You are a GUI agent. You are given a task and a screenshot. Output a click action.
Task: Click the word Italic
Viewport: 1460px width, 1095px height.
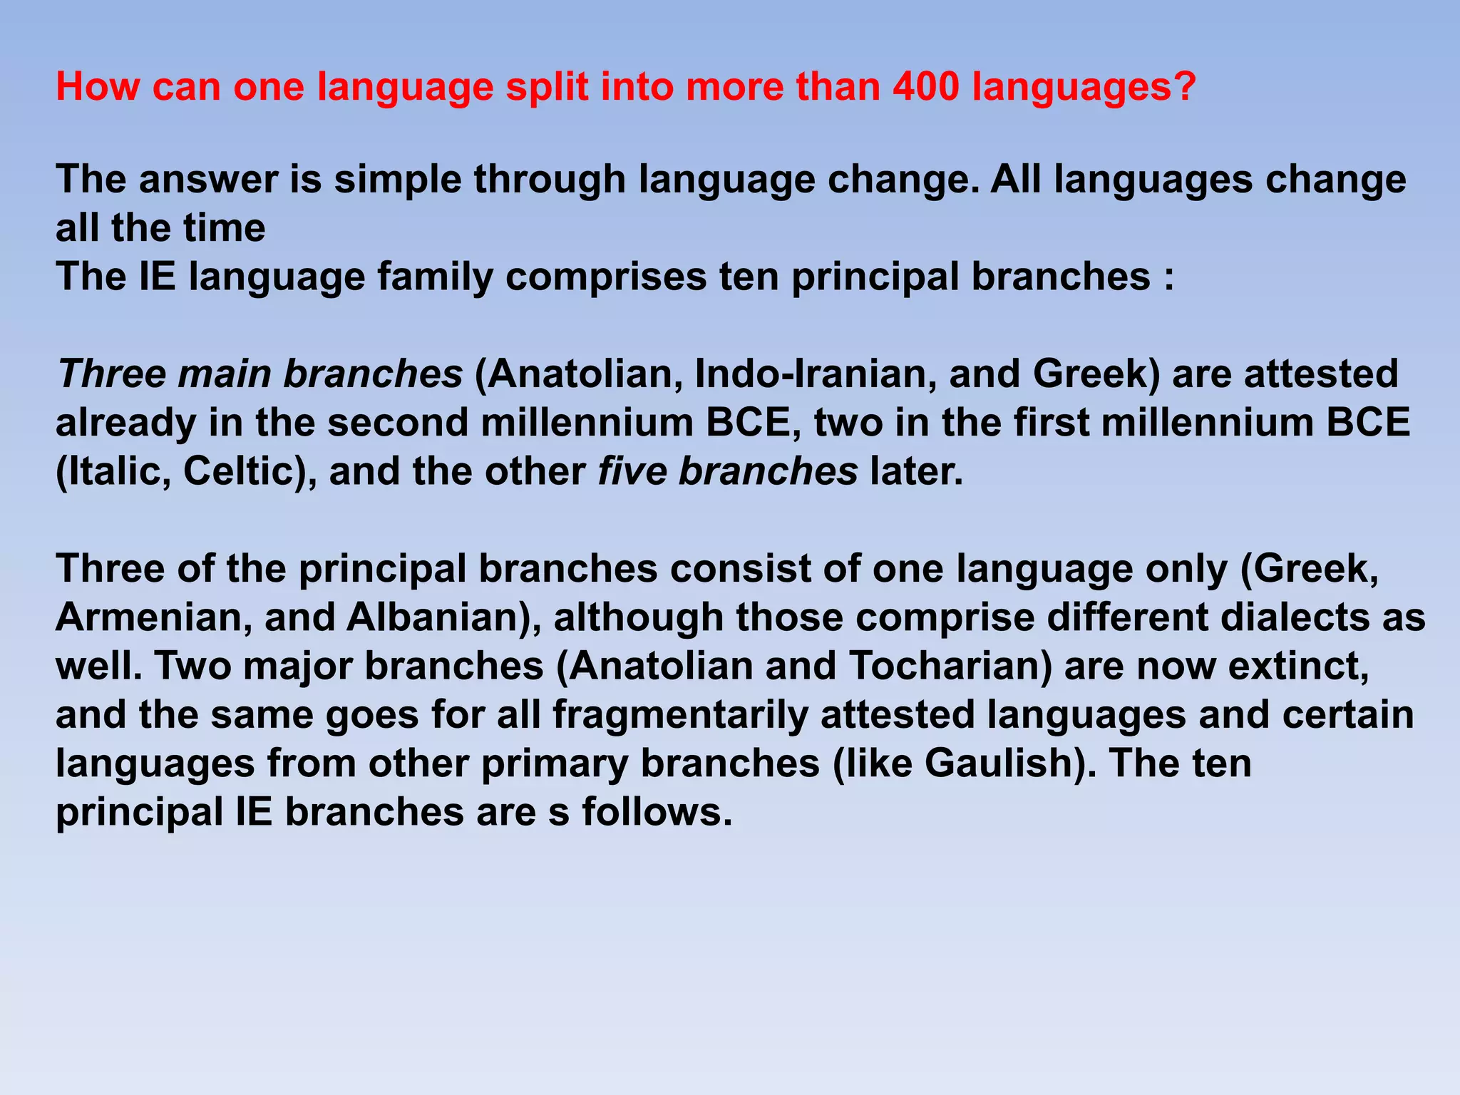(x=113, y=472)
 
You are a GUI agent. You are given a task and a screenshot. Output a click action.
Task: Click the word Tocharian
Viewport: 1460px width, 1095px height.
(x=950, y=666)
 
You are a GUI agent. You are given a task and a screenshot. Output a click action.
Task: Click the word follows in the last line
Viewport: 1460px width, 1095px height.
(x=656, y=812)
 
